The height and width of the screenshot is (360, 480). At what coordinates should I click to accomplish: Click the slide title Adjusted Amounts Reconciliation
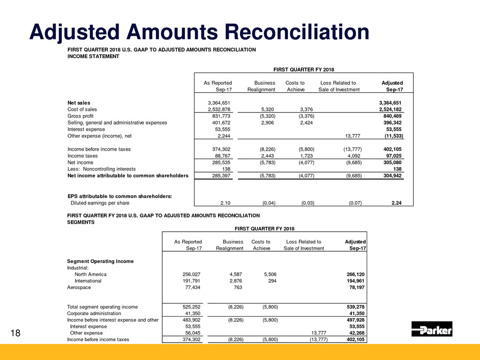[200, 33]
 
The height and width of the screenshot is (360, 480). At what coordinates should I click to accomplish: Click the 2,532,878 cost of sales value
[217, 109]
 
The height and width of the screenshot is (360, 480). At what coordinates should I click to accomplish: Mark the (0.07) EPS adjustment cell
[351, 203]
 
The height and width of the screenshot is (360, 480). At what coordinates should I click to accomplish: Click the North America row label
[90, 274]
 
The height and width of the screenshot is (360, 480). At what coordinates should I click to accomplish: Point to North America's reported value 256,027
[189, 274]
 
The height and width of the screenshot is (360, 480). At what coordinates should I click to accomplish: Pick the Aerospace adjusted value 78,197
[356, 288]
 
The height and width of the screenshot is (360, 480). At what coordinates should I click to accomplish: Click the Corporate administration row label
[94, 313]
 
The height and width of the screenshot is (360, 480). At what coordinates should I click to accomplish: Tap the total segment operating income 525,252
[189, 306]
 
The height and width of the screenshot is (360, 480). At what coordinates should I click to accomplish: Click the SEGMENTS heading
[82, 223]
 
